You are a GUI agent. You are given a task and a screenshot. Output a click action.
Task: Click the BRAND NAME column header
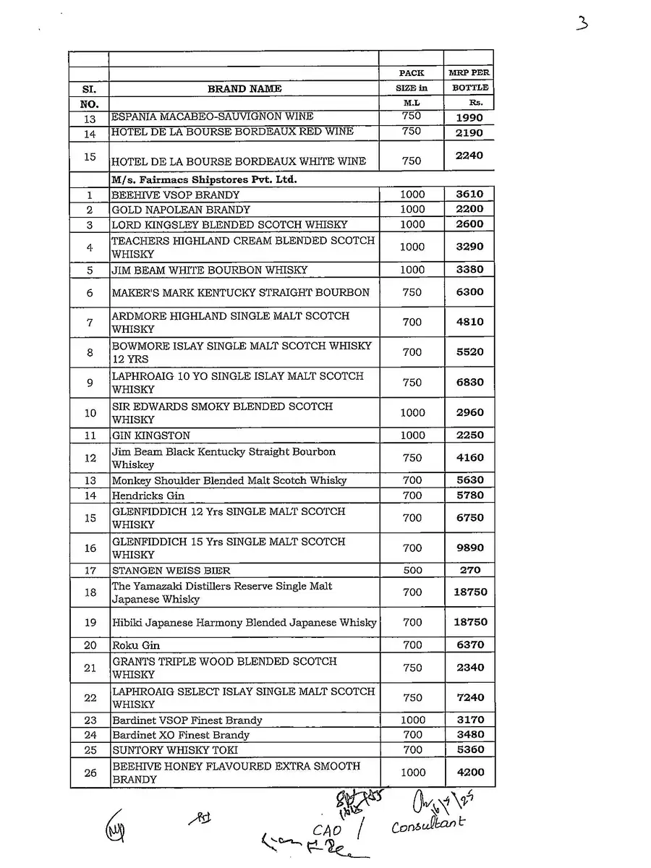[244, 89]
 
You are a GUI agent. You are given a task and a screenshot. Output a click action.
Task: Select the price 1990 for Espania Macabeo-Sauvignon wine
[469, 117]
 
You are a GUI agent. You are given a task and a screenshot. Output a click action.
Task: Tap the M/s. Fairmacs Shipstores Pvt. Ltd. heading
[204, 179]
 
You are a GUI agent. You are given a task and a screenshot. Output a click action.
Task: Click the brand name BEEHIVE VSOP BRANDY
[176, 195]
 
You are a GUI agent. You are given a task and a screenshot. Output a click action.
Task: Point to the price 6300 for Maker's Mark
[469, 292]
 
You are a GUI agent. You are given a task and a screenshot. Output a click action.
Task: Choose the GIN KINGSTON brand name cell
[151, 435]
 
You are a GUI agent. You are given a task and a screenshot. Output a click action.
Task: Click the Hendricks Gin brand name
[148, 495]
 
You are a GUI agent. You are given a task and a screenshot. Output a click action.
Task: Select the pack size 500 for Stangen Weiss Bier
[412, 570]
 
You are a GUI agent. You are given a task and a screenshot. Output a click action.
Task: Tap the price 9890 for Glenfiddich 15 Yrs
[469, 548]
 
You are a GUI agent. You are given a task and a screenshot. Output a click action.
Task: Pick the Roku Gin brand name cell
[136, 645]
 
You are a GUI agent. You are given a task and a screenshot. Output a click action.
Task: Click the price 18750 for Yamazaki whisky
[469, 592]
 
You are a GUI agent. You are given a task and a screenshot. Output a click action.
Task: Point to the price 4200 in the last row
[469, 772]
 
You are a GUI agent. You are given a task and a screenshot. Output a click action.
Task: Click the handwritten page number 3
[582, 23]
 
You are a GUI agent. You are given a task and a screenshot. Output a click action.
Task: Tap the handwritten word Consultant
[428, 825]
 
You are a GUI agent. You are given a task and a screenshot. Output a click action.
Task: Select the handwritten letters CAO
[327, 830]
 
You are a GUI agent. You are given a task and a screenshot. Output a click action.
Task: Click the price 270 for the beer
[469, 570]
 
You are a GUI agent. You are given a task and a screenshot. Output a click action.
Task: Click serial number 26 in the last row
[90, 773]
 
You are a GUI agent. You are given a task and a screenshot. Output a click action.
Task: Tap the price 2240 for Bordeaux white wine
[469, 156]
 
